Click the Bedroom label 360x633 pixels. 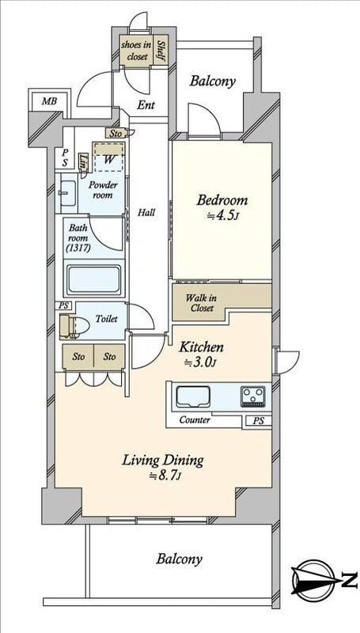(x=222, y=200)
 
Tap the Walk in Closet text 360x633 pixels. (x=201, y=303)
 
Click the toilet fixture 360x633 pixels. (x=74, y=325)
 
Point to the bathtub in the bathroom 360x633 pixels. (x=94, y=279)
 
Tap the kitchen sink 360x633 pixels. (x=193, y=397)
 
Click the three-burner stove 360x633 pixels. (x=253, y=396)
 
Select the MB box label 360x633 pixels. (x=49, y=101)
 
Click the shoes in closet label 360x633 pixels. (x=136, y=51)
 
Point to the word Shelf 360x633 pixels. (x=161, y=51)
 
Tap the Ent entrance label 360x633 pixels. (x=146, y=105)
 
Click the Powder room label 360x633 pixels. (x=103, y=190)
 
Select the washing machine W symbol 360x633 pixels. (x=108, y=159)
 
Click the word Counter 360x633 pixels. (x=195, y=420)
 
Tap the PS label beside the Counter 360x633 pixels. (x=259, y=421)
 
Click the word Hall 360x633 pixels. (x=146, y=212)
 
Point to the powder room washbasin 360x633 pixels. (x=68, y=192)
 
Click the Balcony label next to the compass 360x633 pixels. (x=179, y=559)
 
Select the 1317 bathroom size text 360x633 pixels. (x=78, y=248)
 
